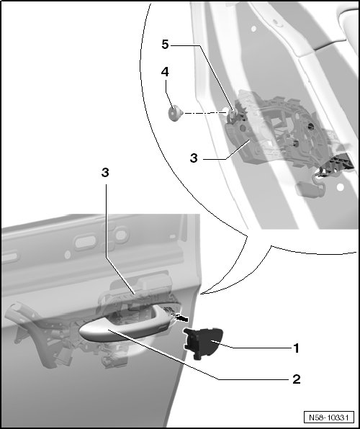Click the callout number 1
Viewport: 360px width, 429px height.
(x=296, y=348)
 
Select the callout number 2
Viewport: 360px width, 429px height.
(x=297, y=379)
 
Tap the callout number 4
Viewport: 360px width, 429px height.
(x=165, y=72)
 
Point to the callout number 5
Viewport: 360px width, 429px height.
(x=165, y=45)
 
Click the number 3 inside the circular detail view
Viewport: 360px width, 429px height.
(x=194, y=158)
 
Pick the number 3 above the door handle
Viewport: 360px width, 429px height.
(x=105, y=173)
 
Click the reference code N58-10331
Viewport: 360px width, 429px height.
(x=328, y=417)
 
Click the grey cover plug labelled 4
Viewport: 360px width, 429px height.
(x=175, y=113)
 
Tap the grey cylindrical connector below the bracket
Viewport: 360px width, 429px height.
(x=307, y=189)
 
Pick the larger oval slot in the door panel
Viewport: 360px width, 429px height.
(x=86, y=242)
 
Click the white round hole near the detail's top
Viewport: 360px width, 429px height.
(x=253, y=29)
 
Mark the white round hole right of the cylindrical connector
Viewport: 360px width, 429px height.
(x=341, y=187)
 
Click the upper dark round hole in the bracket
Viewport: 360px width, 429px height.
(x=310, y=126)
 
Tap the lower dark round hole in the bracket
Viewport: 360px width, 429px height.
(x=295, y=143)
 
